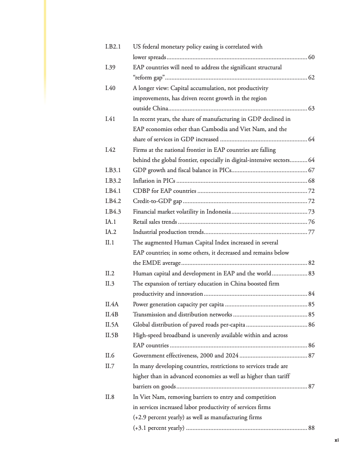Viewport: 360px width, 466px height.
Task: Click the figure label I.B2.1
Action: (x=113, y=47)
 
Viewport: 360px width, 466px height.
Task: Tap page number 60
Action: (x=311, y=57)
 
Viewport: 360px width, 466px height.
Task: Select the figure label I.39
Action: (x=110, y=68)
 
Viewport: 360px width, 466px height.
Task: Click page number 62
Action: (x=311, y=78)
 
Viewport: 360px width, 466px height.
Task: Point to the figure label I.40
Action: (x=110, y=88)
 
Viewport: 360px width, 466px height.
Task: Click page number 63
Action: (x=311, y=109)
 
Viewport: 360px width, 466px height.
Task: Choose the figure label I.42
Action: (x=110, y=150)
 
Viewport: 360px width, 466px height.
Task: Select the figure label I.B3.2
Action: (x=113, y=180)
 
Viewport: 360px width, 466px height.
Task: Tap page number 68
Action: (x=311, y=180)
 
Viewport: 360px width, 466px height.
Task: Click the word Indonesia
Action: (x=215, y=211)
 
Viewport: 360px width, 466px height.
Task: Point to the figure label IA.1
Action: (x=110, y=222)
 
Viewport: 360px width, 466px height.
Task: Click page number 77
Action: (x=311, y=232)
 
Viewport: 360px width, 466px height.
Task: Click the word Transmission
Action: (x=150, y=314)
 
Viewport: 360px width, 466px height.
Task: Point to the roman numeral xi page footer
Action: (x=337, y=440)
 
